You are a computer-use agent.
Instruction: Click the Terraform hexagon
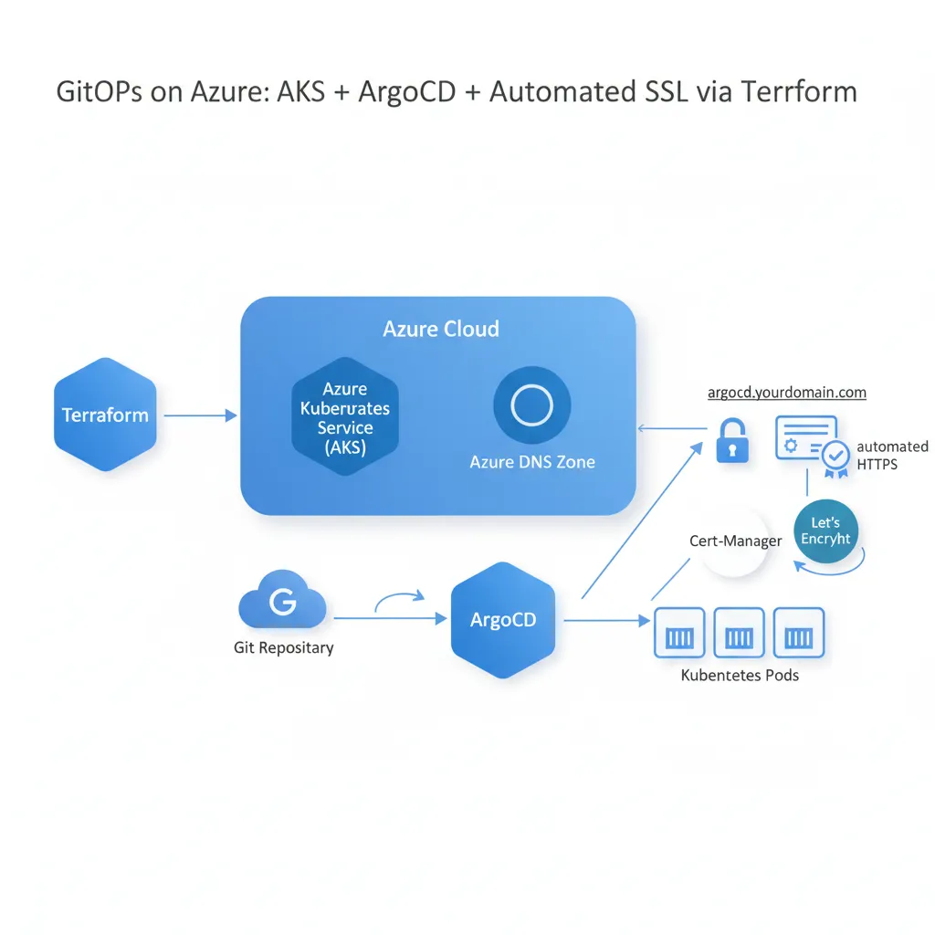(x=105, y=415)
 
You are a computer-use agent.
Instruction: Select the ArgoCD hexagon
(x=503, y=619)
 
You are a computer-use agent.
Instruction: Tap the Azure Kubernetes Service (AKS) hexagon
(x=345, y=416)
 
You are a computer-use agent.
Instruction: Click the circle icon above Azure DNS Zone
(x=531, y=404)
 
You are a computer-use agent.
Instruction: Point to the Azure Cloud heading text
(x=440, y=329)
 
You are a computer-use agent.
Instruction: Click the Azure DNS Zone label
(x=531, y=462)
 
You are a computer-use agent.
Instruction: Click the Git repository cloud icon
(x=282, y=602)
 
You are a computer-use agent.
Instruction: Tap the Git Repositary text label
(x=283, y=648)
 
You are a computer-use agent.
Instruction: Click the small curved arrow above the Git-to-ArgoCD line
(x=400, y=598)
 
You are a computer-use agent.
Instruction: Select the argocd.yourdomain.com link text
(x=786, y=393)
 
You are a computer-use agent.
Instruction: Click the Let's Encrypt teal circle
(x=825, y=531)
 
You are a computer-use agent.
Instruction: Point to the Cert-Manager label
(x=735, y=541)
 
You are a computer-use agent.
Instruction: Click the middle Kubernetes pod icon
(x=739, y=633)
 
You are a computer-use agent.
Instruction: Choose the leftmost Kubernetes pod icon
(x=679, y=633)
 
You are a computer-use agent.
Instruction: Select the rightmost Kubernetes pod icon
(x=798, y=633)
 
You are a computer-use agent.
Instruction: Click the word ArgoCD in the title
(x=405, y=92)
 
